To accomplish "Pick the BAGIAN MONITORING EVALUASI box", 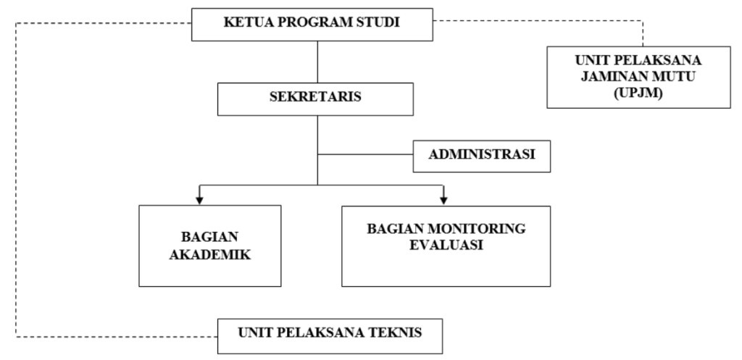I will point(445,245).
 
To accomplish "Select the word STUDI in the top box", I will point(378,25).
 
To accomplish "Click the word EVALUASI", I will point(445,245).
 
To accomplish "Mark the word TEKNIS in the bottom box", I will point(396,335).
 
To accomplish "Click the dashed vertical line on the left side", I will point(17,181).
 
